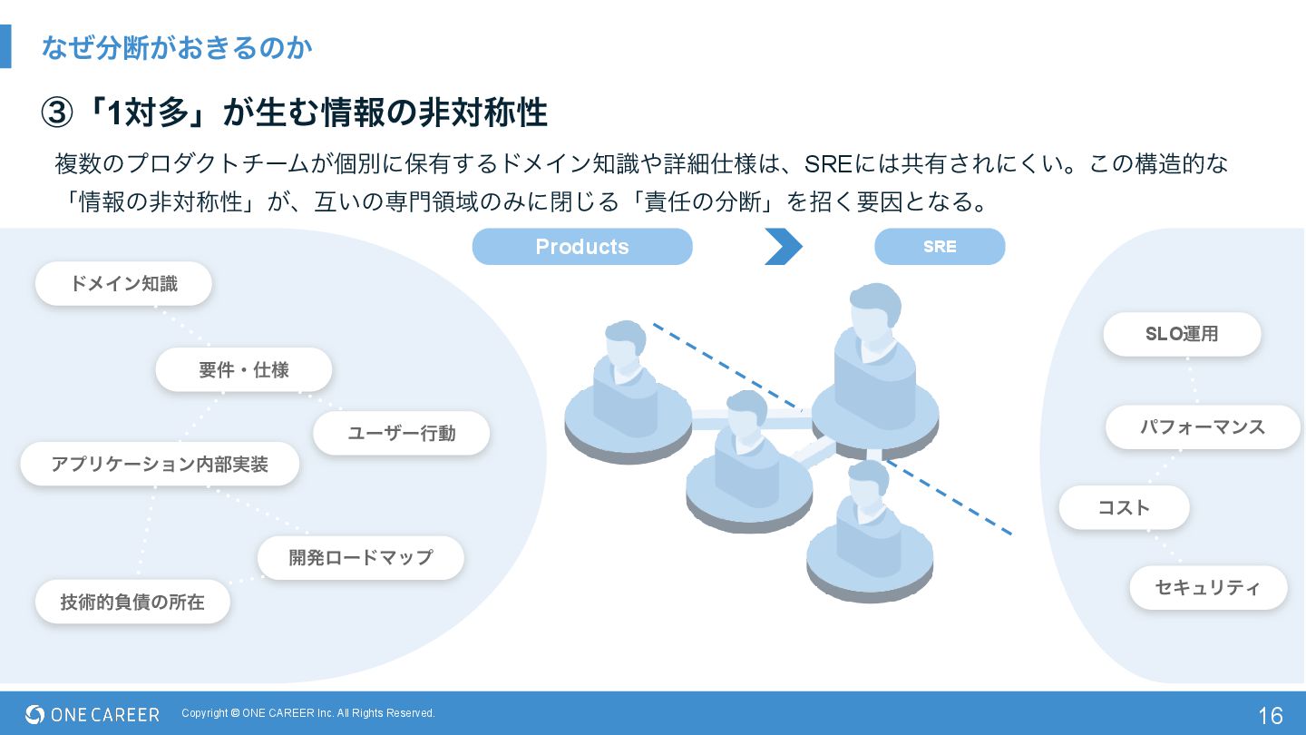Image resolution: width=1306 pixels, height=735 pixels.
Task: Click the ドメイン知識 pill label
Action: pos(123,284)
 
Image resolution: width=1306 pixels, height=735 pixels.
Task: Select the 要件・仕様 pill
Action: pos(243,370)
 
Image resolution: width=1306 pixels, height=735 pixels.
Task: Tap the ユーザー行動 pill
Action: pos(401,434)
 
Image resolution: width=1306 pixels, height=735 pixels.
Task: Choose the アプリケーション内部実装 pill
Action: pos(160,465)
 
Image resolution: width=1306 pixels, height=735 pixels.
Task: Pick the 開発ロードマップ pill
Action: pos(360,557)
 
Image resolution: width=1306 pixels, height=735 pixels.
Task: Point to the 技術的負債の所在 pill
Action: pos(132,602)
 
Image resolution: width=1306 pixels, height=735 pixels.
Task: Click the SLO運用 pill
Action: pos(1181,334)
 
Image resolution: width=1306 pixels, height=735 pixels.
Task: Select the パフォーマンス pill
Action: pos(1202,427)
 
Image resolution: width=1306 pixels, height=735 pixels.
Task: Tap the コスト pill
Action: pos(1124,508)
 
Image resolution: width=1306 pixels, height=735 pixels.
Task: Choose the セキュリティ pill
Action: pos(1207,588)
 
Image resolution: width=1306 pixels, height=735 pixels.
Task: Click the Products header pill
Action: pos(581,247)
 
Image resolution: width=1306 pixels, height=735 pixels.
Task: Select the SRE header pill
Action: pos(940,247)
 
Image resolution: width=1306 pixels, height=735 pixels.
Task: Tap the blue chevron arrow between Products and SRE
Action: pos(783,247)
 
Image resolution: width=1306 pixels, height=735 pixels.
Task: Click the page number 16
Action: pos(1270,715)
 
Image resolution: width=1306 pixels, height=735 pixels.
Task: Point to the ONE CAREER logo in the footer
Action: pos(93,714)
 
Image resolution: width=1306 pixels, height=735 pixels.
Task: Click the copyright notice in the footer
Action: pos(308,713)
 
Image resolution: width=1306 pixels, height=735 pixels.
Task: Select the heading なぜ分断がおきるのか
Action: pos(177,47)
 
